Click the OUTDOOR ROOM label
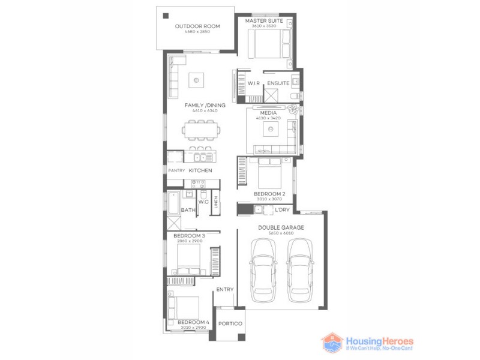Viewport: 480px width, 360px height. point(197,26)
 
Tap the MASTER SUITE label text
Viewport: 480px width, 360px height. point(264,20)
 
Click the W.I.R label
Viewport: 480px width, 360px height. point(253,83)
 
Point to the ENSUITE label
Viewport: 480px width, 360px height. point(278,83)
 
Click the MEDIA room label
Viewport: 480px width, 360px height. point(268,113)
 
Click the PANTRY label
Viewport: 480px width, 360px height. point(176,171)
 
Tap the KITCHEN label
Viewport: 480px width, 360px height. point(200,171)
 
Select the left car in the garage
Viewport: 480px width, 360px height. point(263,270)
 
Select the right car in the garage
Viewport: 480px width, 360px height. point(300,270)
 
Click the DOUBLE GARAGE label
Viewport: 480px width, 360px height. point(281,227)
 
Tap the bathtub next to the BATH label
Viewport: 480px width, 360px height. point(173,203)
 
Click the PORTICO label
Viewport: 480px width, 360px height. point(230,324)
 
